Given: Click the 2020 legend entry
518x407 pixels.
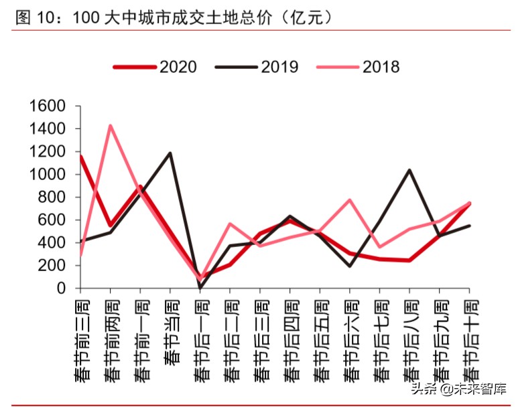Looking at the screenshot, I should click(x=155, y=66).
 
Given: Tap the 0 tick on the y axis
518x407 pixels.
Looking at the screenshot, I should click(x=60, y=289).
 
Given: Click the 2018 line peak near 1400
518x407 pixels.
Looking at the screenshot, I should click(x=110, y=125).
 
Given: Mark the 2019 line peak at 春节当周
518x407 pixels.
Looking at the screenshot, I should click(x=170, y=153).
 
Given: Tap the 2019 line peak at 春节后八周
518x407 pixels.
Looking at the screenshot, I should click(x=409, y=170).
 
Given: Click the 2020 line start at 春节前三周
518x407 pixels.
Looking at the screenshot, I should click(x=80, y=156).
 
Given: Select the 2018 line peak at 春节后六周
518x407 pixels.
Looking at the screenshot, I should click(x=350, y=199).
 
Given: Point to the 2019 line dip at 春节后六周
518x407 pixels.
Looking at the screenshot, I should click(x=350, y=266).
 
